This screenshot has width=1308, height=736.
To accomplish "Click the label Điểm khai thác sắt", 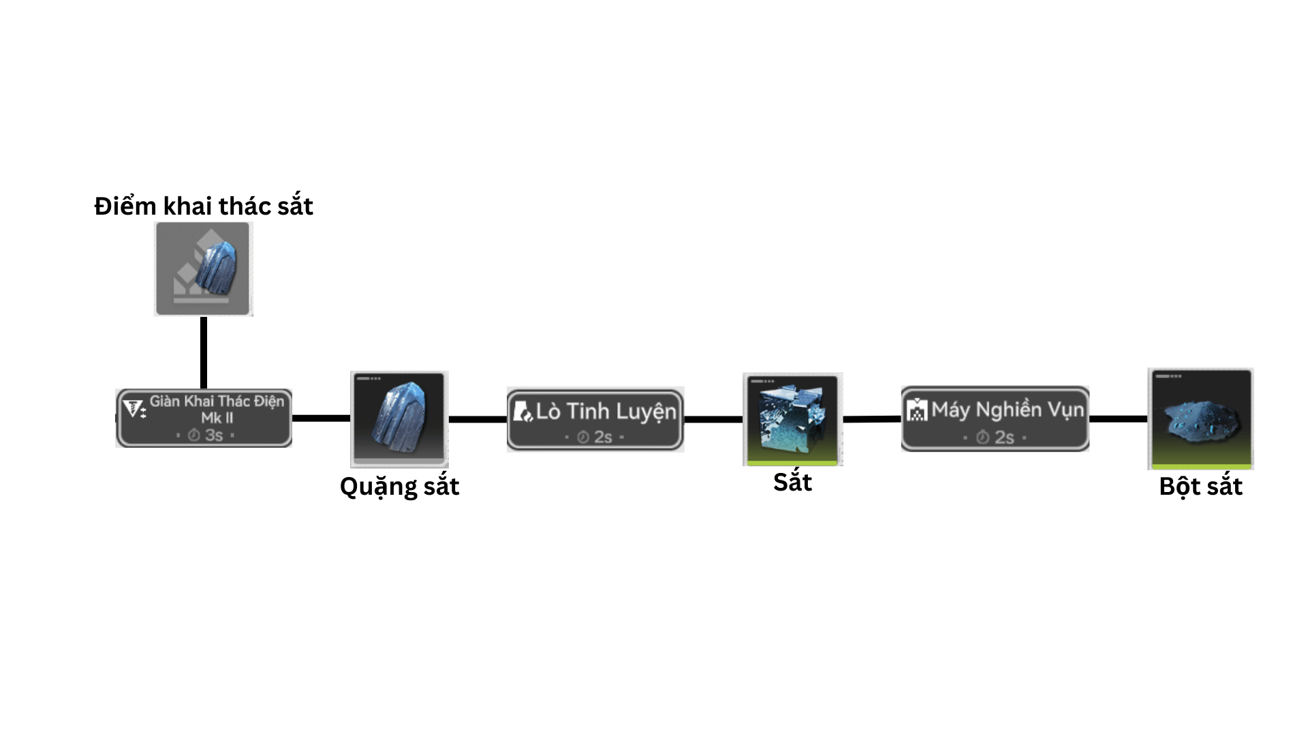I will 204,206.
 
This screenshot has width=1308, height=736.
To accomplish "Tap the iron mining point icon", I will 204,269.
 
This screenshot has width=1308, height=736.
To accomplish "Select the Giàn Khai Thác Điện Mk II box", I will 204,418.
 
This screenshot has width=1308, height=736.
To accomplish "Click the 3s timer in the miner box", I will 206,435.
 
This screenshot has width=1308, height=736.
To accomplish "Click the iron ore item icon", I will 399,418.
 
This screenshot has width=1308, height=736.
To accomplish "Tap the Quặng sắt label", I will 399,487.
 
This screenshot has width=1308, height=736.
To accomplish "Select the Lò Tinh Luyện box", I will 595,419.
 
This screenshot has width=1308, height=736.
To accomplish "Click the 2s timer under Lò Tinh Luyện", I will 595,437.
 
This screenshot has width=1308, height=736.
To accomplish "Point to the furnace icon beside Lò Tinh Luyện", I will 523,412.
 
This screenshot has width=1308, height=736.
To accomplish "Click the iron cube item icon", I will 792,418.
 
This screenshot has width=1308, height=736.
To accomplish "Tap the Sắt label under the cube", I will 792,482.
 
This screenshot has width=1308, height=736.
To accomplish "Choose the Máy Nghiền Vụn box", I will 995,418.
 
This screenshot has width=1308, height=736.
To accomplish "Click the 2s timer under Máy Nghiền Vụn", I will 995,437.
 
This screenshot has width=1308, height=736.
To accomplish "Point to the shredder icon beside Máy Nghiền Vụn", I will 917,410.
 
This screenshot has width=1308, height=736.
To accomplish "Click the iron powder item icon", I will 1200,418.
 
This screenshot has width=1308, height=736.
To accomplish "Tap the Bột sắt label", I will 1200,487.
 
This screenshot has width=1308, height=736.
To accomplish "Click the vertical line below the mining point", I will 204,352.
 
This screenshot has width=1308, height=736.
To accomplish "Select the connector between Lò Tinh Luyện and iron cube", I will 713,419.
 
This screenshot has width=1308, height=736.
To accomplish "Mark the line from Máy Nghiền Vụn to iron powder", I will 1119,418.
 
